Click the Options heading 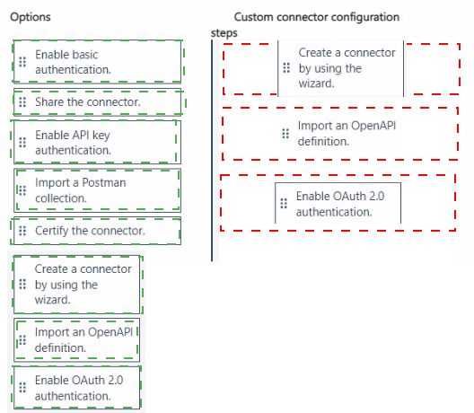coord(31,17)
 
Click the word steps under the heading coord(224,33)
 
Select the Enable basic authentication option coord(97,62)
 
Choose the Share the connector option coord(97,101)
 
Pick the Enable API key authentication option coord(97,142)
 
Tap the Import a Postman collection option coord(97,190)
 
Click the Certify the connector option coord(97,231)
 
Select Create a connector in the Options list coord(77,285)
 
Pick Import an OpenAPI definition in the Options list coord(77,340)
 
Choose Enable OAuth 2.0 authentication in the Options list coord(77,388)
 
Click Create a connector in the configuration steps coord(341,68)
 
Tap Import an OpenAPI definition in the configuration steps coord(339,134)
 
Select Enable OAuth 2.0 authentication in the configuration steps coord(338,204)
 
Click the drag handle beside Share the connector coord(22,102)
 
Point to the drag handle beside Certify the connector coord(22,231)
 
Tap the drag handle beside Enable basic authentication coord(22,62)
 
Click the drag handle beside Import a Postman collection coord(22,190)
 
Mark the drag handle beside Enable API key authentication coord(22,142)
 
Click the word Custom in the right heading coord(254,17)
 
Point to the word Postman coord(104,182)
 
